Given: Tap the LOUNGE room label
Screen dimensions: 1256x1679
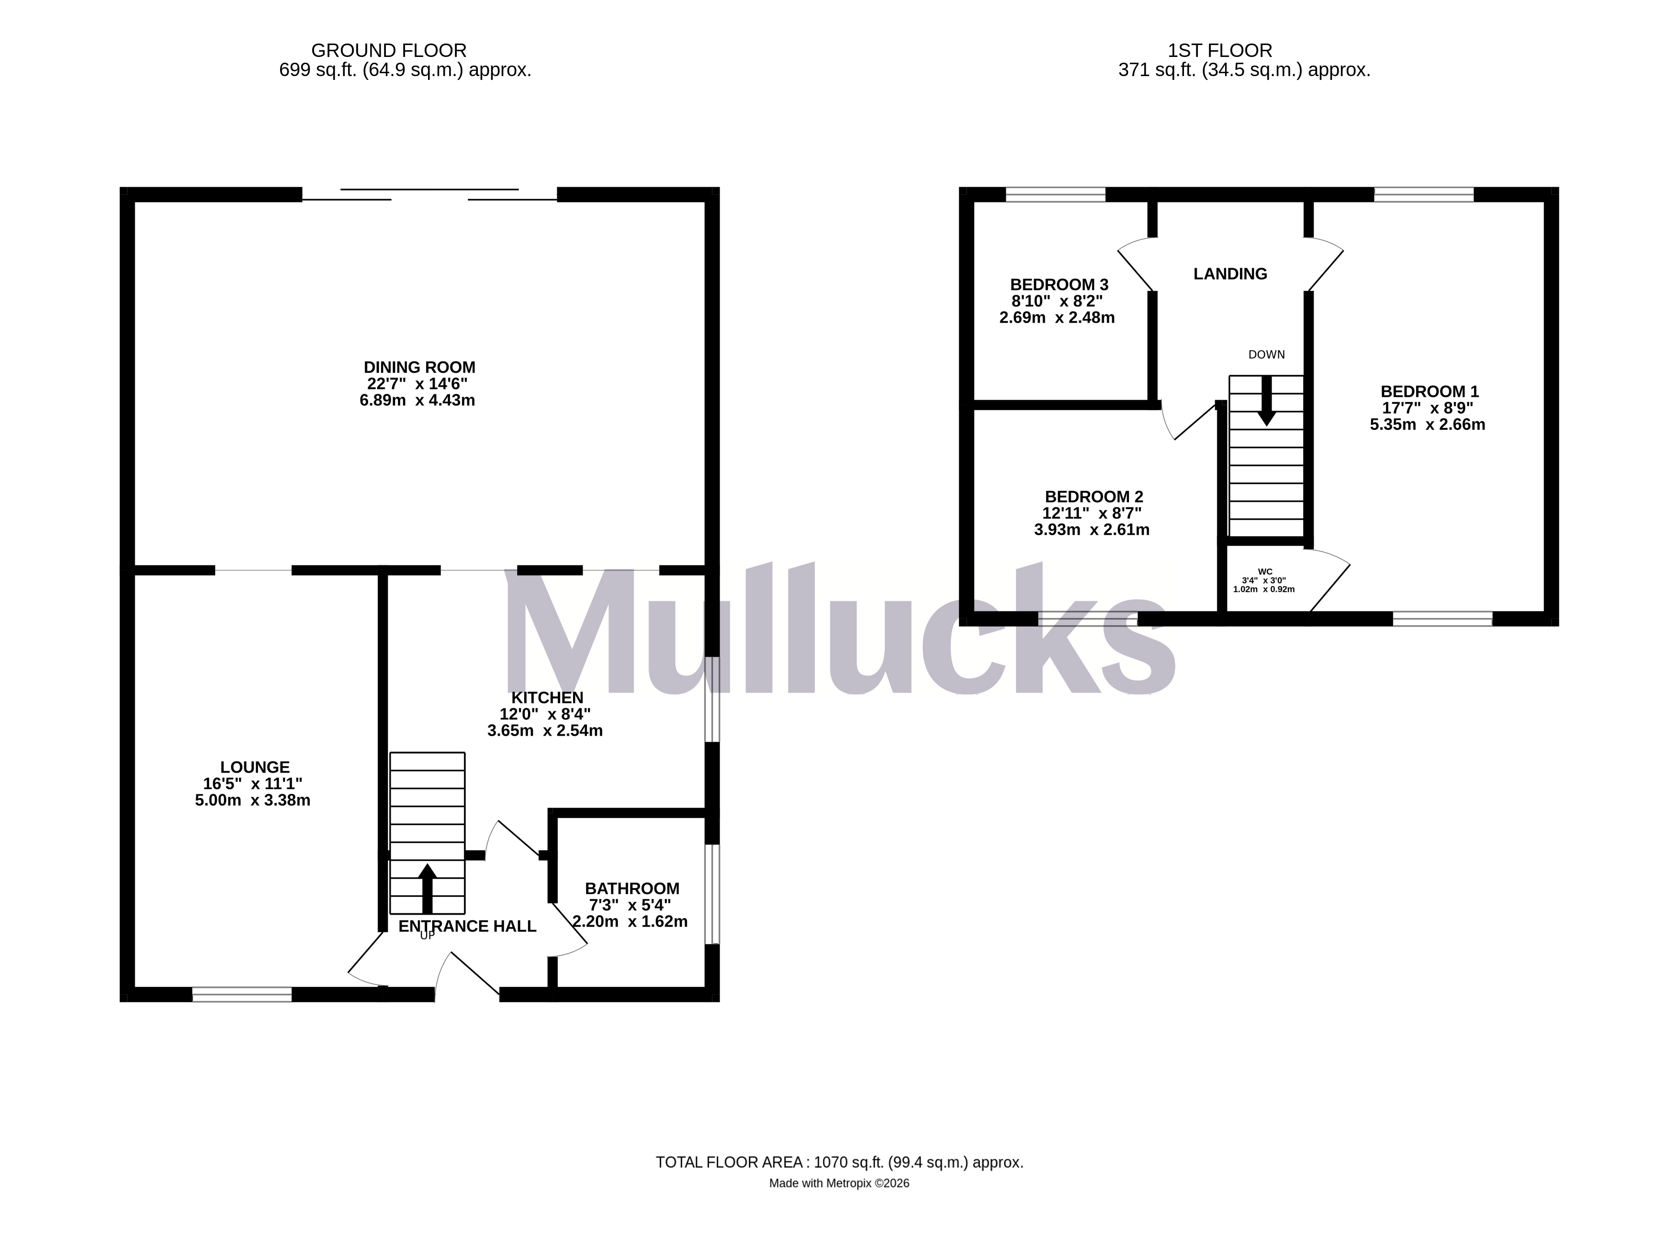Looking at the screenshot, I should tap(255, 767).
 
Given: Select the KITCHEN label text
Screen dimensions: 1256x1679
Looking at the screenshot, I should tap(547, 697).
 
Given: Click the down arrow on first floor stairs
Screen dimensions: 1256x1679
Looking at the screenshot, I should tap(1266, 400).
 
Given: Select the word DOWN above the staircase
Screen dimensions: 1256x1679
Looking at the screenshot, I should tap(1266, 354).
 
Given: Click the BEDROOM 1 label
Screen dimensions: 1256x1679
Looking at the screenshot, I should tap(1429, 392).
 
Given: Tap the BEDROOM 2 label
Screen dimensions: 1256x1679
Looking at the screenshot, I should tap(1094, 496).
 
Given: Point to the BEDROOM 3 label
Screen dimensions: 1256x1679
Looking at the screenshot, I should tap(1059, 285).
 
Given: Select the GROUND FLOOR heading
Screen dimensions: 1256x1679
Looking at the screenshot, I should tap(389, 51).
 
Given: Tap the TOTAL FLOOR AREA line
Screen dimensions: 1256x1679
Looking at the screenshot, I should tap(839, 1162).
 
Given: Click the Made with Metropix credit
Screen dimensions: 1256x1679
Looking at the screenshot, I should tap(839, 1183).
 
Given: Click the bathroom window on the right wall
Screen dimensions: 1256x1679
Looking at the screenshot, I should tap(712, 894).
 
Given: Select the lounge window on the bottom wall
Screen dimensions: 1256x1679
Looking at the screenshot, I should tap(242, 994).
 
